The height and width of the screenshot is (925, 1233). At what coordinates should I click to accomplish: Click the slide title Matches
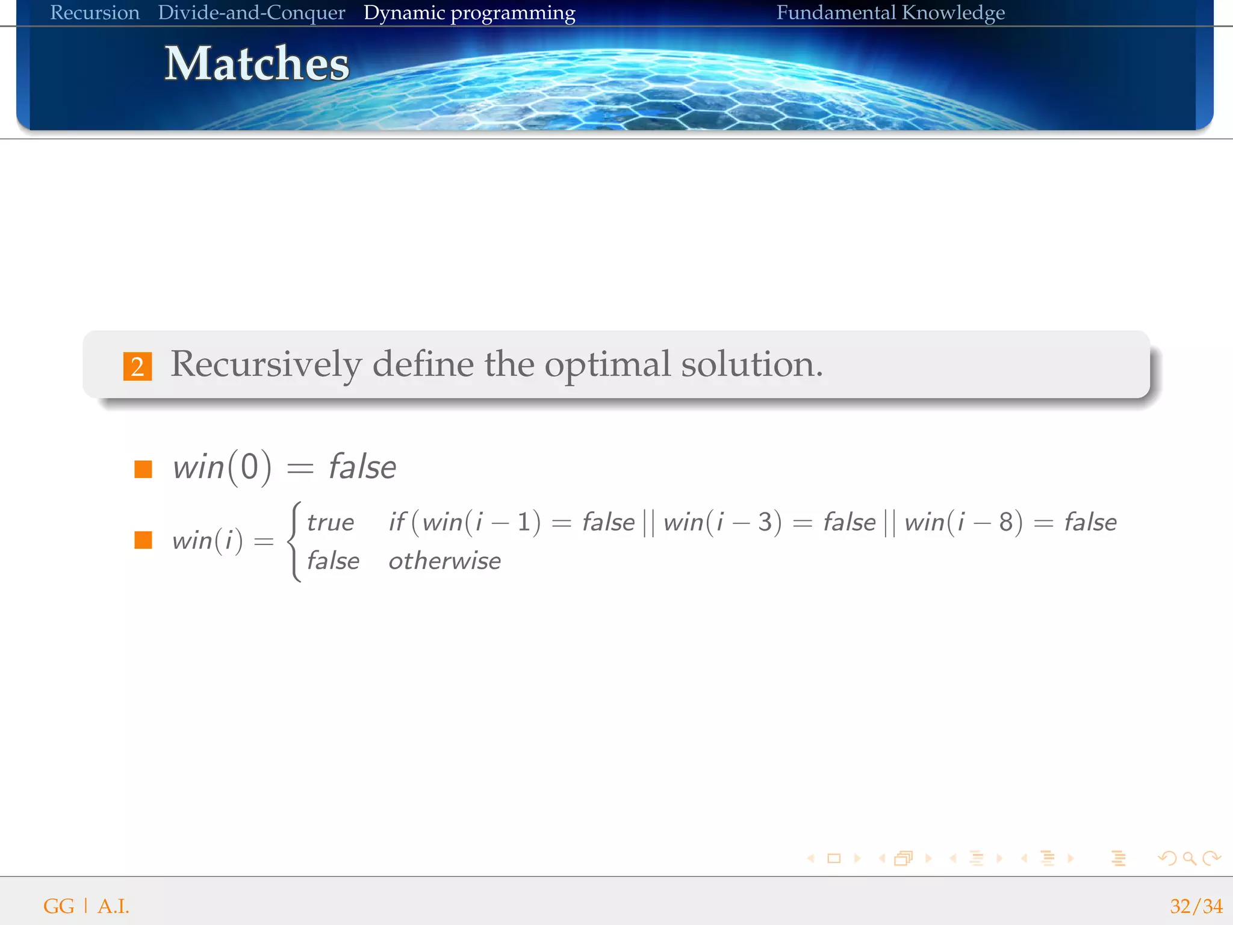click(x=257, y=64)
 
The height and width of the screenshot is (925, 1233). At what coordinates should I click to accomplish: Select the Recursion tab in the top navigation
click(x=95, y=13)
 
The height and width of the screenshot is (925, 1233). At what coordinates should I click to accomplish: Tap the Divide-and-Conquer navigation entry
click(x=251, y=13)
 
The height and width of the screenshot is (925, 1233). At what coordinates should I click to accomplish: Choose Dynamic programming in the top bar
click(x=469, y=13)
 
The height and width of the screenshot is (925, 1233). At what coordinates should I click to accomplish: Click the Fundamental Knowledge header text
click(x=890, y=13)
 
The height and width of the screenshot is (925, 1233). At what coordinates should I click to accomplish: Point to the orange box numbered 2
click(x=137, y=366)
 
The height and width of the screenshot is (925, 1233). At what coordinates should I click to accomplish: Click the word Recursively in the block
click(x=266, y=364)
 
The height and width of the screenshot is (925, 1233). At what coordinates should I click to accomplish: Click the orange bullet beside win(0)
click(x=143, y=469)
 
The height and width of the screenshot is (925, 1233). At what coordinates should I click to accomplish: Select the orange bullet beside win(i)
click(x=143, y=540)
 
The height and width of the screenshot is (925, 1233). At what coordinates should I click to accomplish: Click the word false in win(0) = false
click(x=362, y=467)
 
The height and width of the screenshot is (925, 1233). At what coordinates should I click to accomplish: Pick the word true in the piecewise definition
click(x=330, y=523)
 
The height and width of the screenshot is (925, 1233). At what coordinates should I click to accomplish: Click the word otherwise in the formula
click(x=444, y=561)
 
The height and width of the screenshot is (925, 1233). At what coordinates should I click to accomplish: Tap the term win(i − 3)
click(x=722, y=522)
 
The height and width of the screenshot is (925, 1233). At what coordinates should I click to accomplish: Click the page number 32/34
click(x=1196, y=906)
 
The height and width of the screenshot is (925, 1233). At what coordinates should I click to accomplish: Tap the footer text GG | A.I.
click(x=86, y=906)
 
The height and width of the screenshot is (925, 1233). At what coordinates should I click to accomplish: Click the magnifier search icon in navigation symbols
click(x=1189, y=858)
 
